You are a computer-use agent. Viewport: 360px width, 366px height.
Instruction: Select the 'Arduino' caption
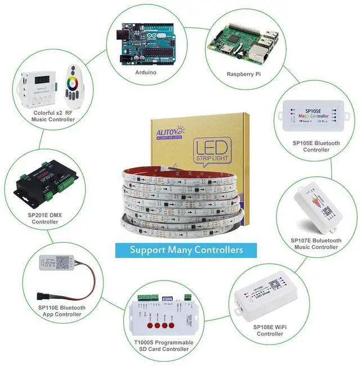[146, 73]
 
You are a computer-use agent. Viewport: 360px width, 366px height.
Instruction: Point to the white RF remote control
[74, 85]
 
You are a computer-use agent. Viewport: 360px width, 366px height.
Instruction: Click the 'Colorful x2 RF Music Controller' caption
[53, 117]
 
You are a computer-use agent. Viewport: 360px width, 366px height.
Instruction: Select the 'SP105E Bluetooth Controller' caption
[316, 146]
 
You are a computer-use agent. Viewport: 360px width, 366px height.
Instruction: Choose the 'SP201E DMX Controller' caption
[45, 218]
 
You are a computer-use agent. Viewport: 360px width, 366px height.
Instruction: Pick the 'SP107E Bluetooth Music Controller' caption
[314, 244]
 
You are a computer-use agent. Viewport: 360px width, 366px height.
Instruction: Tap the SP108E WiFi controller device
[262, 297]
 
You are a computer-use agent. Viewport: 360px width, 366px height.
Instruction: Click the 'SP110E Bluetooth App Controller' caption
[62, 311]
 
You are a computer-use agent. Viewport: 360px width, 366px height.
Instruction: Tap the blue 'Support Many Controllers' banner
[186, 249]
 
